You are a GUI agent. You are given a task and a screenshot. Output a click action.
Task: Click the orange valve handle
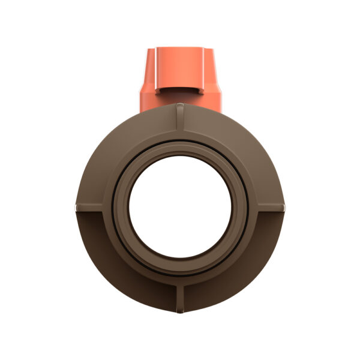(180, 78)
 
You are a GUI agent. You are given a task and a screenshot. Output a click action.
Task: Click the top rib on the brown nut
(180, 120)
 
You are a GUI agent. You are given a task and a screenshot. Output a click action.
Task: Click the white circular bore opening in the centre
(180, 207)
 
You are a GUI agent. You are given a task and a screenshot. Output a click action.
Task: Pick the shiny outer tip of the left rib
(76, 206)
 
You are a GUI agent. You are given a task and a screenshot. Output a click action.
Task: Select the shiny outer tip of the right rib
(284, 206)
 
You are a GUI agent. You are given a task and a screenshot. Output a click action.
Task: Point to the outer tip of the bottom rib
(180, 311)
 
